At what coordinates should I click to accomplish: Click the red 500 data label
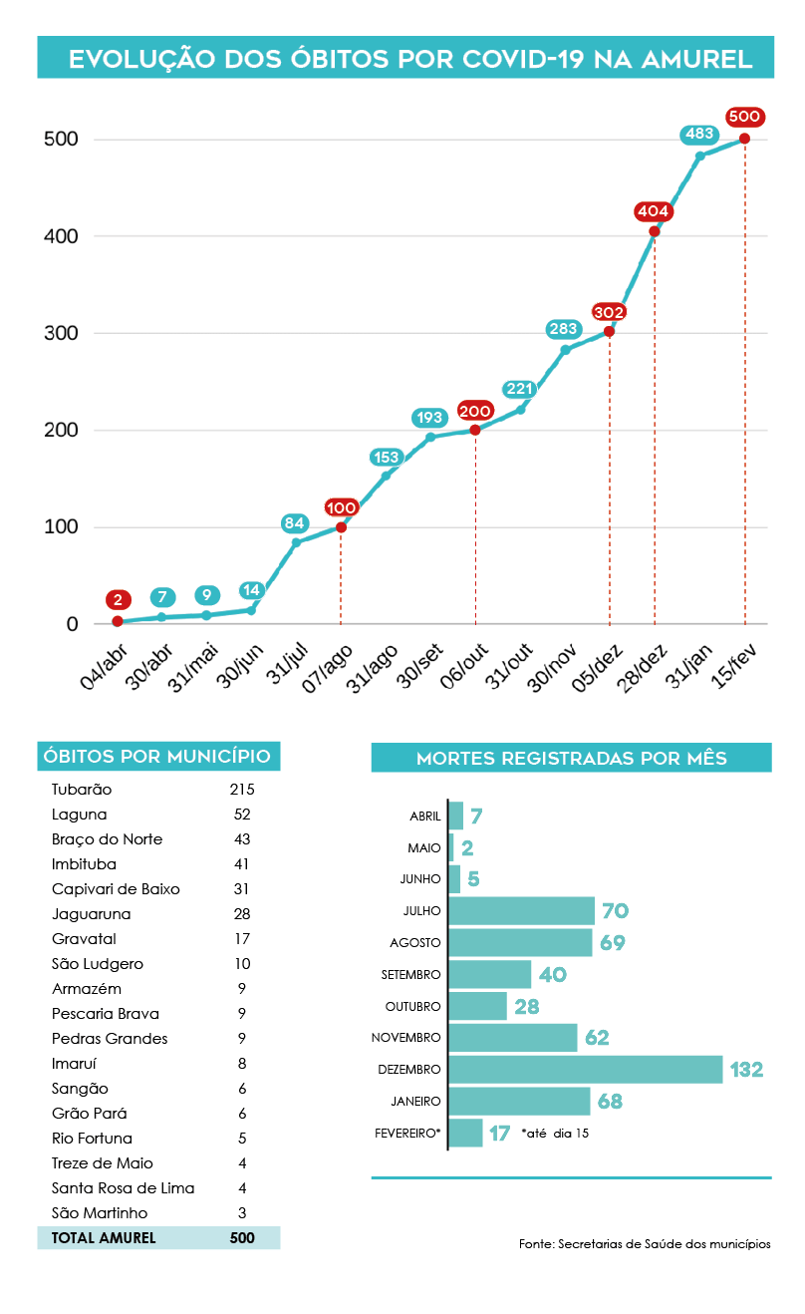pyautogui.click(x=745, y=117)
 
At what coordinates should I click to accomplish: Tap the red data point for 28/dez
pyautogui.click(x=655, y=231)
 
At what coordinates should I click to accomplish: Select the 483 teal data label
pyautogui.click(x=699, y=134)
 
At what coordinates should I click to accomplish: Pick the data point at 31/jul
pyautogui.click(x=296, y=542)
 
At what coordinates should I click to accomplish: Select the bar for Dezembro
pyautogui.click(x=586, y=1070)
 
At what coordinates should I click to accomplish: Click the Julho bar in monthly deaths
pyautogui.click(x=522, y=910)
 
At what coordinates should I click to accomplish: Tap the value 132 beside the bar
pyautogui.click(x=746, y=1070)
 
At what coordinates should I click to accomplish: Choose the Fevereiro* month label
pyautogui.click(x=407, y=1134)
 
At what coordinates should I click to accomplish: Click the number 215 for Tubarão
pyautogui.click(x=242, y=790)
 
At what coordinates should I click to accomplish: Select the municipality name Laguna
pyautogui.click(x=79, y=815)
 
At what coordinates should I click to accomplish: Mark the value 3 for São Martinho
pyautogui.click(x=242, y=1213)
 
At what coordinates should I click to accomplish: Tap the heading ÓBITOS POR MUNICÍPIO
pyautogui.click(x=158, y=756)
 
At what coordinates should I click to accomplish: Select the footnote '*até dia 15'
pyautogui.click(x=555, y=1134)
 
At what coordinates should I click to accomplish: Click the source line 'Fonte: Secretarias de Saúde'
pyautogui.click(x=645, y=1244)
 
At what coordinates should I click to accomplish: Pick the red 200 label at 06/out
pyautogui.click(x=475, y=411)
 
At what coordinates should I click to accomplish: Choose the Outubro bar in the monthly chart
pyautogui.click(x=478, y=1006)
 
